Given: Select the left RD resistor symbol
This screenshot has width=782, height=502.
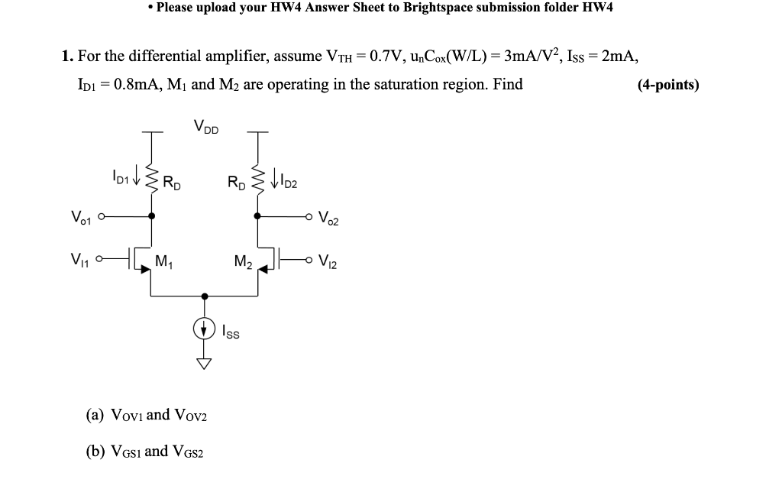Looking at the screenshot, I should [x=151, y=180].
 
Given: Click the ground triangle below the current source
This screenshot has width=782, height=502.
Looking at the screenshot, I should [x=205, y=363].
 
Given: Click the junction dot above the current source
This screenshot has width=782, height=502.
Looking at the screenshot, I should [x=205, y=295].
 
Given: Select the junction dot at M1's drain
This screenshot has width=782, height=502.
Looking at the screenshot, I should [x=151, y=216].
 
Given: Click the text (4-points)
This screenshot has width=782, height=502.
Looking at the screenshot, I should [x=668, y=85].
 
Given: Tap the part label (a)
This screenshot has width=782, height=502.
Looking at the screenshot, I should [x=96, y=416].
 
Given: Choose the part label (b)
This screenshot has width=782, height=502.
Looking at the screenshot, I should [x=96, y=452].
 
